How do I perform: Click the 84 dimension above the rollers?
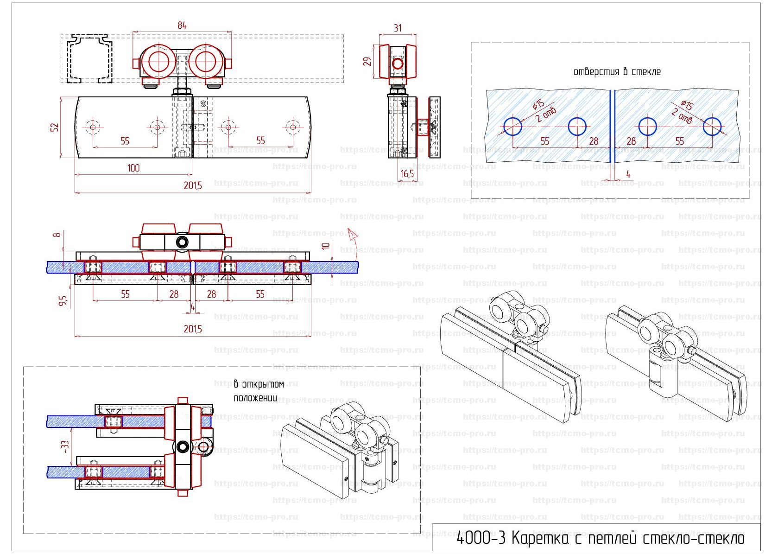[182, 25]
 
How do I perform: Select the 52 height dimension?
[55, 127]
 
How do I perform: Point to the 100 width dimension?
[133, 168]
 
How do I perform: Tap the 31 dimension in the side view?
[398, 28]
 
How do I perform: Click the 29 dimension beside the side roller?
[368, 61]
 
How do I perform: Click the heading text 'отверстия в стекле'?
[617, 72]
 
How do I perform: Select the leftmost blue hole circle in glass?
[512, 126]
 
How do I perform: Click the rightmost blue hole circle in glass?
[712, 126]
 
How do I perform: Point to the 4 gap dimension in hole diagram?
[628, 174]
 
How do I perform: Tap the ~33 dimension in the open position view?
[65, 447]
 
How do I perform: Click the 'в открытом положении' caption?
[258, 391]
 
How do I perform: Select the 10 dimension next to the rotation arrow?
[326, 246]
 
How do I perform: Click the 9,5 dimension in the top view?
[63, 301]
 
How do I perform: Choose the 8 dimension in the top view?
[57, 235]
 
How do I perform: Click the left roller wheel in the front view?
[159, 62]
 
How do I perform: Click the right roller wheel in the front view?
[206, 62]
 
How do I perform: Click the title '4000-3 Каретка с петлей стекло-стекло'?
[600, 538]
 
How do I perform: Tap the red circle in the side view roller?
[398, 63]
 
